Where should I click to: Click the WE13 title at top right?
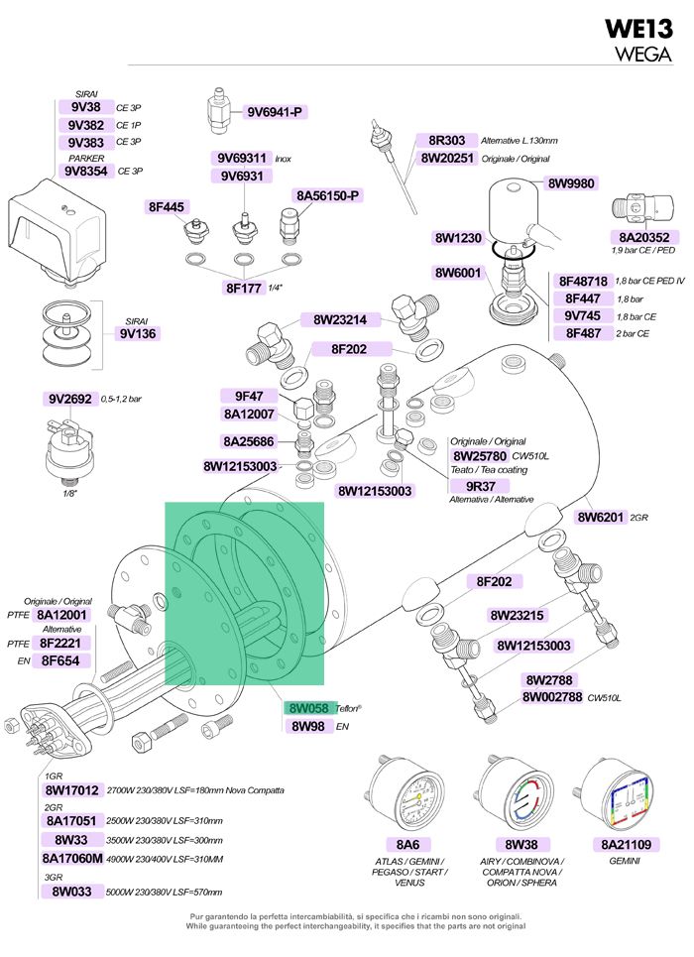pyautogui.click(x=638, y=29)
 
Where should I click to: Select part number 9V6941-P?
pyautogui.click(x=274, y=112)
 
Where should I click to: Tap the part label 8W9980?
pyautogui.click(x=571, y=183)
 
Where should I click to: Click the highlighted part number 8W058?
pyautogui.click(x=309, y=708)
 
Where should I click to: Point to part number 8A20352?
pyautogui.click(x=644, y=237)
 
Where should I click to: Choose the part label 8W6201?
pyautogui.click(x=601, y=517)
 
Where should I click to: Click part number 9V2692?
pyautogui.click(x=70, y=399)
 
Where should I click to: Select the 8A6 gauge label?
pyautogui.click(x=407, y=845)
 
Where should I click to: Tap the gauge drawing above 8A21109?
pyautogui.click(x=617, y=794)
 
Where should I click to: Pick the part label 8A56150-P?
pyautogui.click(x=327, y=196)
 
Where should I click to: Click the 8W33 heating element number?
pyautogui.click(x=70, y=840)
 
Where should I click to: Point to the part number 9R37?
pyautogui.click(x=481, y=487)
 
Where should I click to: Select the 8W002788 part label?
pyautogui.click(x=552, y=697)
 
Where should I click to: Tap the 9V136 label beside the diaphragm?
pyautogui.click(x=138, y=334)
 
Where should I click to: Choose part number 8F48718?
pyautogui.click(x=583, y=282)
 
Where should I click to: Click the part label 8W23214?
pyautogui.click(x=340, y=319)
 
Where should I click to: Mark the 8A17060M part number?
pyautogui.click(x=72, y=859)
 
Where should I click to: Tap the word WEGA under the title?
pyautogui.click(x=642, y=54)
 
